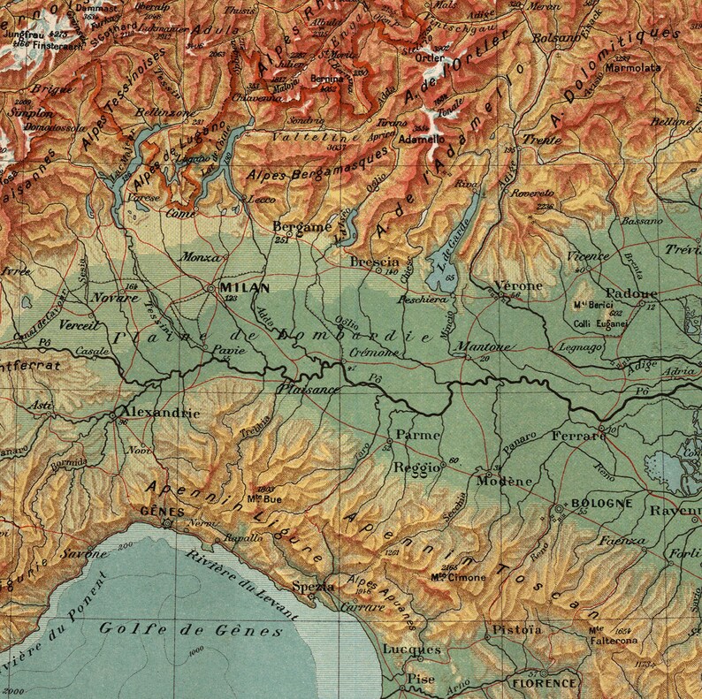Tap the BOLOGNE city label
click(x=603, y=503)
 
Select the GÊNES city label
click(x=167, y=511)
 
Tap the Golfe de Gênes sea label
click(x=191, y=630)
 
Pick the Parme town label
click(x=412, y=436)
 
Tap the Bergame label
click(x=301, y=226)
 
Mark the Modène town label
click(x=505, y=481)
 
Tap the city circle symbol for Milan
click(x=210, y=288)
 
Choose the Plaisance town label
click(x=308, y=388)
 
